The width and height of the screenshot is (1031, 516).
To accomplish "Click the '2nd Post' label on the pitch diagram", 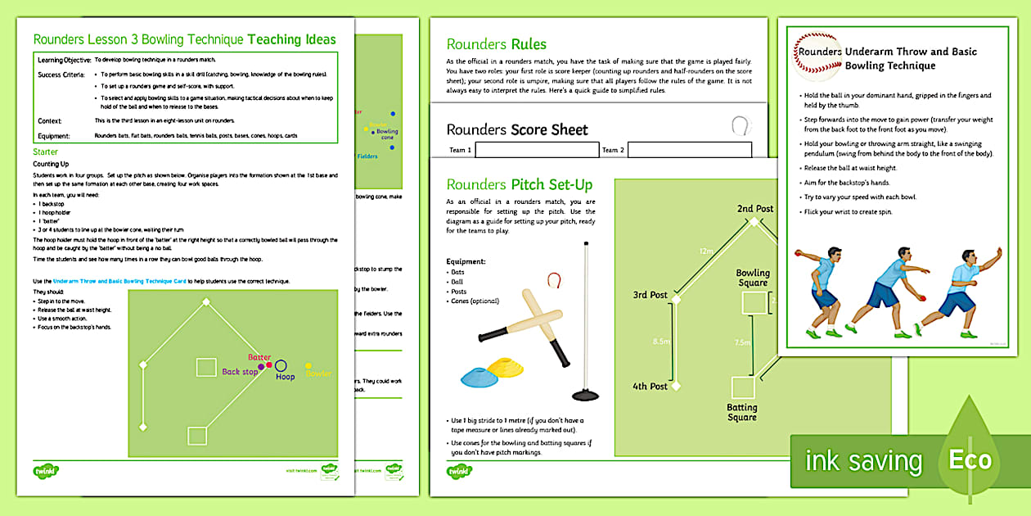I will [x=754, y=209].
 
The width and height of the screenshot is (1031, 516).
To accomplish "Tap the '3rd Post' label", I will [x=650, y=295].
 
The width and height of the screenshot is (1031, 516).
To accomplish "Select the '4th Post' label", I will [x=650, y=386].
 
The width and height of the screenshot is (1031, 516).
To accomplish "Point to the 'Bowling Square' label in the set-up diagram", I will [x=752, y=278].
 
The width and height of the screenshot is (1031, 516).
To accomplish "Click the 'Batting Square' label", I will [x=742, y=412].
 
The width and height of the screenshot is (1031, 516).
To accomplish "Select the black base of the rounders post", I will [x=585, y=396].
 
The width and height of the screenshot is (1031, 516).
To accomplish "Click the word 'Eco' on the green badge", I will [x=970, y=460].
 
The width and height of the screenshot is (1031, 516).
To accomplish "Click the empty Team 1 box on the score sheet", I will [x=535, y=150].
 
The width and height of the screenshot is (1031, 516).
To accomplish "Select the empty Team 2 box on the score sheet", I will [x=689, y=150].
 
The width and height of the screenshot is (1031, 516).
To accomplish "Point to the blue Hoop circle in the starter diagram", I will [x=281, y=365].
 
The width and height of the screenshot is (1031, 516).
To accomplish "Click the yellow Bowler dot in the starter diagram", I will [x=308, y=365].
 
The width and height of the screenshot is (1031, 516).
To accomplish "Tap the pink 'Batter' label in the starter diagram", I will [x=259, y=358].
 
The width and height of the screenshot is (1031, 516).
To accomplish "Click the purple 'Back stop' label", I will [x=240, y=372].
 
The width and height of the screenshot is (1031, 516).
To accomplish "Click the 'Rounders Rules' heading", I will [x=496, y=44].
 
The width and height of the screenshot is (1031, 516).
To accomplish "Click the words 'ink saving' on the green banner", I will [x=863, y=461].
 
